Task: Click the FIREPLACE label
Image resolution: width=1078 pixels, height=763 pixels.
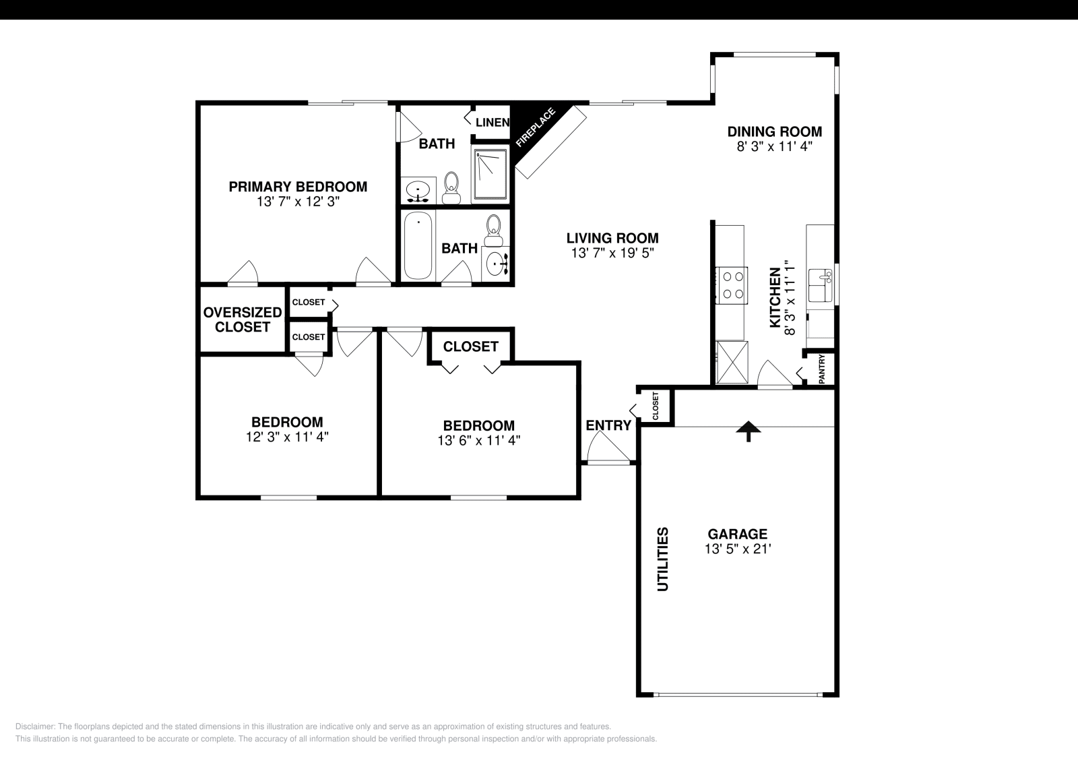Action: pos(536,127)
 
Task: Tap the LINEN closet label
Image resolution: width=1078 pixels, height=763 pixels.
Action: pos(492,122)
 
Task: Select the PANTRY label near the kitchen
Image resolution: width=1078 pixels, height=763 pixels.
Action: pos(822,369)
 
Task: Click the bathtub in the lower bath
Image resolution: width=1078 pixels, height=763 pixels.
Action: pos(418,245)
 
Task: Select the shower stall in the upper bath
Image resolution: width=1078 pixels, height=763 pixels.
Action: pos(490,174)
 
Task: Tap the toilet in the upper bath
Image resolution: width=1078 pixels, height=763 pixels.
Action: pos(451,187)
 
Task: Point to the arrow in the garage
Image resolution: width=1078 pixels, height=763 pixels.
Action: pos(748,431)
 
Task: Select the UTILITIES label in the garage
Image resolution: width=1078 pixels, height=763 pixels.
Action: pos(663,559)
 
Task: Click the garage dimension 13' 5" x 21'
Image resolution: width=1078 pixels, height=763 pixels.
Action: pos(737,549)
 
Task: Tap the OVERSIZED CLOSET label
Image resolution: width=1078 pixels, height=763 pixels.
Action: pos(243,319)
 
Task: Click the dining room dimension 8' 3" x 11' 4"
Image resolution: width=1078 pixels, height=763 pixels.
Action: pos(774,146)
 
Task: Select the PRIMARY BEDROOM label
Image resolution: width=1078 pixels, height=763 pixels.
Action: pos(298,187)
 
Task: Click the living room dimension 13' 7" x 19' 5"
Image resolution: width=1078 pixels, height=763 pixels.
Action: pos(612,253)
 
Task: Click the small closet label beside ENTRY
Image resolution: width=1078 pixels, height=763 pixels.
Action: pos(656,406)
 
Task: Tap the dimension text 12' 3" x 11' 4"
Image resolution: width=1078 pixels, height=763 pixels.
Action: pos(287,437)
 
